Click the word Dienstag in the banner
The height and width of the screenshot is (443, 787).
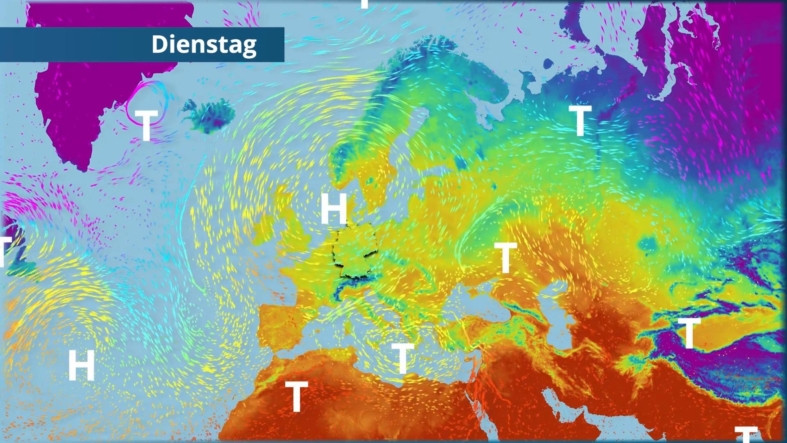coord(204,44)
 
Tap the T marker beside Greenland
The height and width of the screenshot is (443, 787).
coord(146,125)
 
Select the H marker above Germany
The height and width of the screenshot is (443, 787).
coord(334,208)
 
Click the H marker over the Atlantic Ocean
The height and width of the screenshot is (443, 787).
coord(82,365)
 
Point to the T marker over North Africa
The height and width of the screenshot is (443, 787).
coord(296,396)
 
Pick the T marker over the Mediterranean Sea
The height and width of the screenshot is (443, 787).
coord(403,358)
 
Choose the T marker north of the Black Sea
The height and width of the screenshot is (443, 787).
coord(505,257)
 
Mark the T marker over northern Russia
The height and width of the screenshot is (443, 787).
coord(580,120)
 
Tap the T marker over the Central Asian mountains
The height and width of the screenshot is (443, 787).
coord(689,333)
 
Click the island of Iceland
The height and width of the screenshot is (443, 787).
coord(209,115)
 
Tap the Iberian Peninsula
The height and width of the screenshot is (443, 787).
coord(283,328)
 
